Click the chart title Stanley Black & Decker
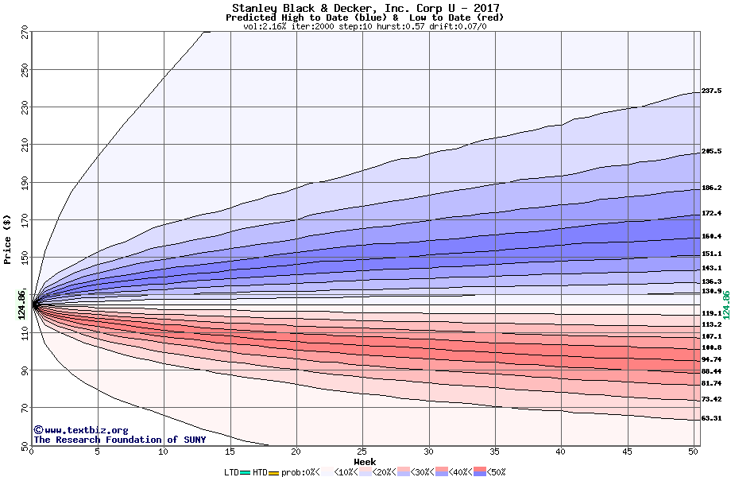click(365, 8)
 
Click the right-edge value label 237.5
click(711, 91)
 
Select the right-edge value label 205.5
click(711, 151)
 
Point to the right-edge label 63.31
click(711, 418)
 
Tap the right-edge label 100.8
click(711, 347)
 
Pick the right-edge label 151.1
click(711, 254)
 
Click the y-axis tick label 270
click(22, 34)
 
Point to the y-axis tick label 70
click(22, 408)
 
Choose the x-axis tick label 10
click(163, 452)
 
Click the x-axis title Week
click(365, 461)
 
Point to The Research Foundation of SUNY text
click(119, 440)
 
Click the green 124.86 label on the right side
click(725, 304)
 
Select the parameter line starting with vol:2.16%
click(365, 26)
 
